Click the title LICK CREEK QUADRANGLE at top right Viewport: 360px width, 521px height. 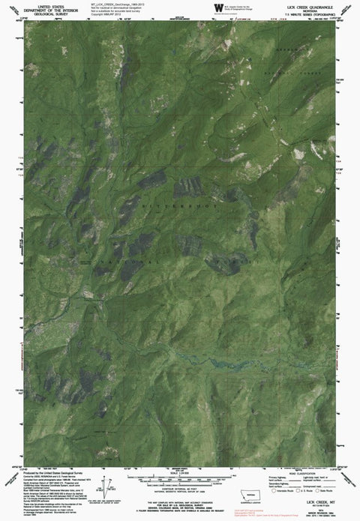(x=314, y=6)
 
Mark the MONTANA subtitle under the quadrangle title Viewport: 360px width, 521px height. (x=314, y=10)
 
